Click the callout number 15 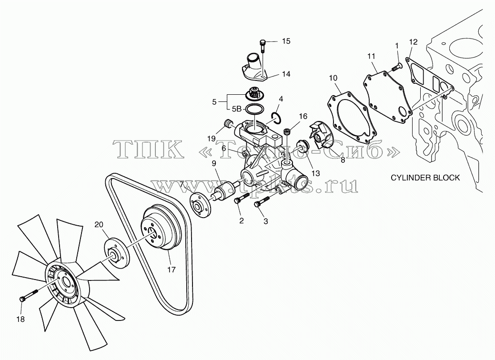(286, 41)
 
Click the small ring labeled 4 (276, 117)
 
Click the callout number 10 (333, 78)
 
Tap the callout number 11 (371, 56)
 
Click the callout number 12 (413, 42)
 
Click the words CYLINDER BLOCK (425, 178)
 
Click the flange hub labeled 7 (200, 205)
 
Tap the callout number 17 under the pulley (172, 270)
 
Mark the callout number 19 (211, 138)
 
